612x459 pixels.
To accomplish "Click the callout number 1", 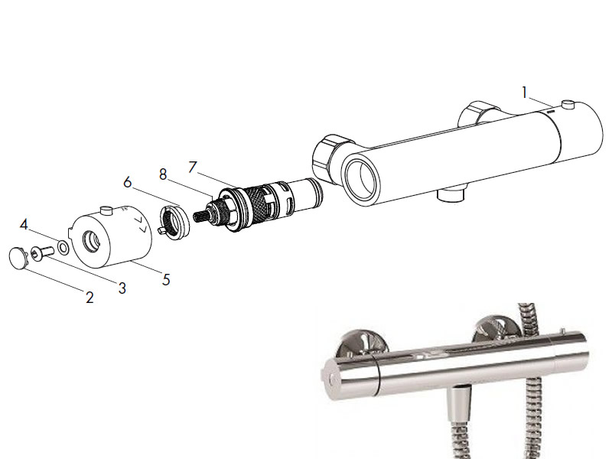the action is pos(525,93).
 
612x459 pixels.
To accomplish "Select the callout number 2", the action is pos(90,298).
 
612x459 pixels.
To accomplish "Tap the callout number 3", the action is pos(122,288).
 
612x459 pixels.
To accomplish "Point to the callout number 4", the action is pos(24,224).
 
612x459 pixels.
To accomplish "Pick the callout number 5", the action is pos(166,279).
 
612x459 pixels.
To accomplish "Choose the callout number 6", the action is pos(128,182).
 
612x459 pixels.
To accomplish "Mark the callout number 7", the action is pos(193,167).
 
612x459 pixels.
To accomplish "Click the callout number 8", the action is pos(163,174).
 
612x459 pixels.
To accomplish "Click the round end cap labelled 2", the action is pos(18,258).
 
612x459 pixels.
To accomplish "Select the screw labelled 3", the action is pos(43,252).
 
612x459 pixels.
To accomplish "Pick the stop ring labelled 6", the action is pos(174,221).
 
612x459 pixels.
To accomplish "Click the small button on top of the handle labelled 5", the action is pos(106,210).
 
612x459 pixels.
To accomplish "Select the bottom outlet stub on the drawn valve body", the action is pos(451,195).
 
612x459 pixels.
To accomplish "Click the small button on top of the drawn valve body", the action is pos(568,104).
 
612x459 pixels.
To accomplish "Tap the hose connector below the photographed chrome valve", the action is pos(459,405).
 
